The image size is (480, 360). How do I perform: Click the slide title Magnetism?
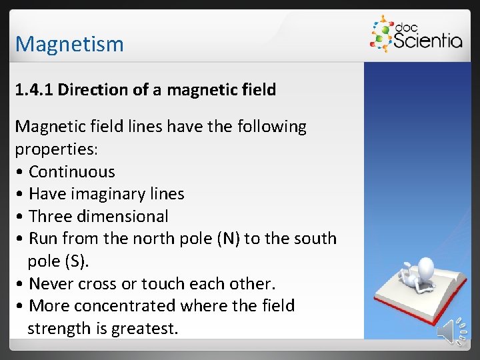[x=69, y=44]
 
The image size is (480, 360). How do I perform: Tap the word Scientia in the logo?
[x=427, y=41]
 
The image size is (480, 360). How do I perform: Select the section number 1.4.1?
[x=34, y=90]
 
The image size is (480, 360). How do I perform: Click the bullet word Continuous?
[x=72, y=171]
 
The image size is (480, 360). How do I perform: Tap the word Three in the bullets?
[x=51, y=216]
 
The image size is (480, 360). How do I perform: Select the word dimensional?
[x=123, y=216]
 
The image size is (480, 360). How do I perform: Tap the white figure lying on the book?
[x=416, y=273]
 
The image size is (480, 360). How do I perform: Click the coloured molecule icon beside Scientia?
[x=381, y=35]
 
